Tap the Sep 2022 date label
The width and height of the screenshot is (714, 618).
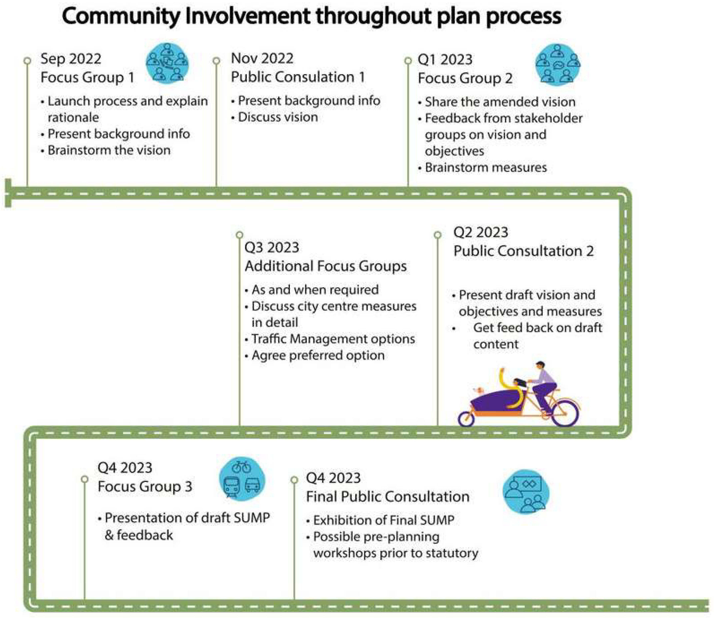(71, 59)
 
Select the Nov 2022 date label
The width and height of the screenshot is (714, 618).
(262, 58)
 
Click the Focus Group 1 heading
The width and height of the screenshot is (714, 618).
(87, 77)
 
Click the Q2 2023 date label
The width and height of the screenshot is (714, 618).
(481, 232)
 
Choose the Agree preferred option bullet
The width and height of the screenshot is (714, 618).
(318, 355)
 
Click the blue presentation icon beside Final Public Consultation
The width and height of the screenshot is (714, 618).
(525, 492)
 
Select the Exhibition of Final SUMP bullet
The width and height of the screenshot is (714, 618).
(383, 520)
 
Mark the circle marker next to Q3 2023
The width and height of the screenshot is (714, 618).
(239, 235)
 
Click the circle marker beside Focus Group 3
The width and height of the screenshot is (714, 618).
(85, 479)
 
